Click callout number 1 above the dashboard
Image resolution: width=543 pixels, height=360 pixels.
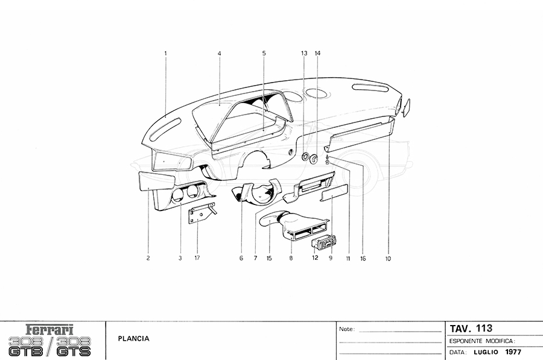(x=165, y=53)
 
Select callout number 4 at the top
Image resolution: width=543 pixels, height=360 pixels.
(x=219, y=53)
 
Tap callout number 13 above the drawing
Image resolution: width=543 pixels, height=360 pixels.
(x=304, y=53)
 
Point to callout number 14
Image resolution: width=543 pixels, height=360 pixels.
(x=317, y=53)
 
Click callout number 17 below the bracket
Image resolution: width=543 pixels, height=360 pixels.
(x=197, y=258)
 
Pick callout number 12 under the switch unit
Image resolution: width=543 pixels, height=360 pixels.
(x=315, y=257)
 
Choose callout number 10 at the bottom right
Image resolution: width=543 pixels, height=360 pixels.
(x=387, y=258)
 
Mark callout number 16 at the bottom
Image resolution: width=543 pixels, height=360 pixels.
(x=363, y=258)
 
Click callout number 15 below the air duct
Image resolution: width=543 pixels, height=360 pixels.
(x=269, y=258)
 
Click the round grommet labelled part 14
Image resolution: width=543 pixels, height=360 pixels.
(x=314, y=159)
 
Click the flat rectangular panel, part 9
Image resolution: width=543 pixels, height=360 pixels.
(x=334, y=193)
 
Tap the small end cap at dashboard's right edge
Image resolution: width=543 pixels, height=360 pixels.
(x=406, y=107)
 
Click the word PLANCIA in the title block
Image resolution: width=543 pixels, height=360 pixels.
(x=134, y=338)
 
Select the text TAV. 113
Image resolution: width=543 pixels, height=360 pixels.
(x=471, y=328)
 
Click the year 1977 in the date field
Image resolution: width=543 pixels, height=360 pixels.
(x=512, y=352)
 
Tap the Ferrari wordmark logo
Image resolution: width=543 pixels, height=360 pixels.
(x=50, y=329)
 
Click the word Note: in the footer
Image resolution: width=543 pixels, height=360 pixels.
(x=347, y=329)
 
